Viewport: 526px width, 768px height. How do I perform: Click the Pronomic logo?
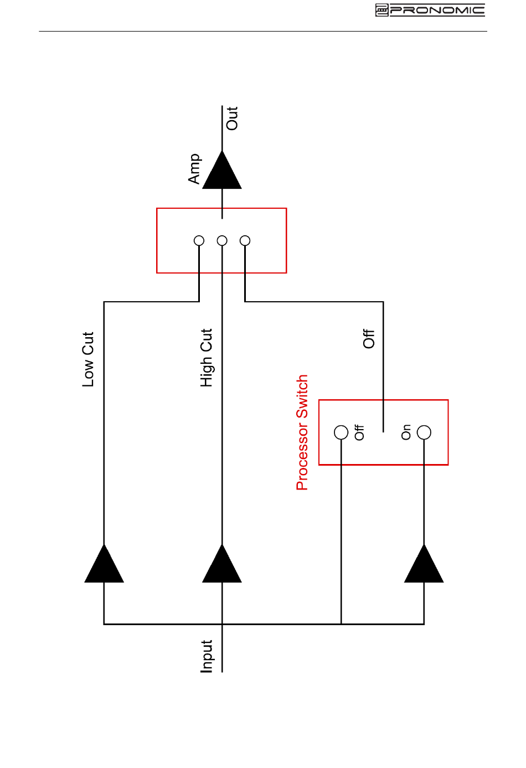click(430, 11)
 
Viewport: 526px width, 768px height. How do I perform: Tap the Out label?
click(232, 118)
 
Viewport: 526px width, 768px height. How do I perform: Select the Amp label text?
click(194, 169)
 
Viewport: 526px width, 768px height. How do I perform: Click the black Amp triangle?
click(222, 170)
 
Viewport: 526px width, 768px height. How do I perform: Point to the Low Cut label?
click(88, 359)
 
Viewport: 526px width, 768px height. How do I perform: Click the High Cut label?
click(206, 358)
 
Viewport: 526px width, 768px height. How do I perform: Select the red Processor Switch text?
click(302, 432)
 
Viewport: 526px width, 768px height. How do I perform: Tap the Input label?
click(206, 656)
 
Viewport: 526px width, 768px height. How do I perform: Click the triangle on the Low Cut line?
click(104, 564)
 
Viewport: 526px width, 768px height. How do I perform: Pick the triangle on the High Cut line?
click(222, 564)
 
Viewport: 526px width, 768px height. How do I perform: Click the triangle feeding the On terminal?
click(424, 564)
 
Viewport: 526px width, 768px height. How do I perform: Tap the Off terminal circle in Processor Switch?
click(341, 432)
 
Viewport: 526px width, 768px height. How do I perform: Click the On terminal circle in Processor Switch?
click(424, 432)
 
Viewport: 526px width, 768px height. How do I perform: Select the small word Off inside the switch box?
click(359, 432)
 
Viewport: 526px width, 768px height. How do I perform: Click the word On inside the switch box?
click(406, 432)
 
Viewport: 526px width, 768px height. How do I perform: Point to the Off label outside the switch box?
click(369, 339)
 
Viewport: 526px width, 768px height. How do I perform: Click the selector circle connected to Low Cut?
click(199, 241)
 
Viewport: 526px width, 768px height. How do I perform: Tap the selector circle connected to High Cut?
click(222, 241)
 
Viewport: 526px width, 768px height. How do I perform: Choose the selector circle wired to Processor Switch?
click(245, 241)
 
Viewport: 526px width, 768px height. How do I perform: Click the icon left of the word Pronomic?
click(381, 11)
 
